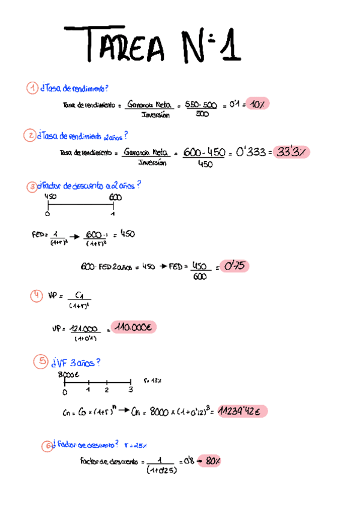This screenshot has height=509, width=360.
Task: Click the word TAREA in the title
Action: [x=123, y=45]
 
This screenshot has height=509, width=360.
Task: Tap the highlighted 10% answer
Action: [x=258, y=104]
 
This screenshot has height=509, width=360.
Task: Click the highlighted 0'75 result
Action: [x=234, y=265]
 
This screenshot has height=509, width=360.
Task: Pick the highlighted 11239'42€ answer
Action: [x=242, y=411]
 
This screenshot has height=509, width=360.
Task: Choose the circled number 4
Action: [x=37, y=295]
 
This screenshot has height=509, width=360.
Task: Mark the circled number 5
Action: [x=41, y=361]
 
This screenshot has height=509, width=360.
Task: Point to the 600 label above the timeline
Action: [x=115, y=197]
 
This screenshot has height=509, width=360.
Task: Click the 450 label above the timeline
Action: [x=50, y=197]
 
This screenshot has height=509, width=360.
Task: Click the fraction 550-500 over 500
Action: [x=201, y=109]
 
